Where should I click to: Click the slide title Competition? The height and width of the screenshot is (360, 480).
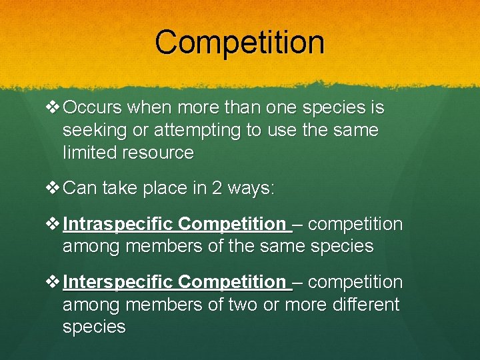[x=239, y=42]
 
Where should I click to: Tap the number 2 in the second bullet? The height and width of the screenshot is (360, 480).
[x=219, y=189]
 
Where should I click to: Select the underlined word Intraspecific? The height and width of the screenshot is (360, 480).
[x=118, y=224]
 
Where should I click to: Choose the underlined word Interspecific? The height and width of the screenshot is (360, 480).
[x=118, y=282]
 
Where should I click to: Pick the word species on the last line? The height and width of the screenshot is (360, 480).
[x=93, y=327]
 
